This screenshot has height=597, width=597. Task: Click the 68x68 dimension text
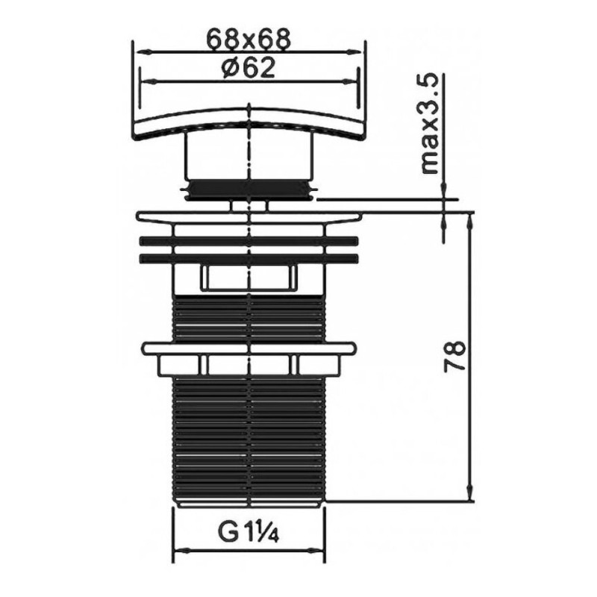coord(249,39)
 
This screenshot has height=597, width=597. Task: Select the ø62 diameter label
coord(249,68)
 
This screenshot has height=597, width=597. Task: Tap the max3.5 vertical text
coord(431,125)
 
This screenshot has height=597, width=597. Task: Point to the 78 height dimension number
coord(455,356)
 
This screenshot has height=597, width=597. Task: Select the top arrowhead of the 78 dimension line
coord(471,221)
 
